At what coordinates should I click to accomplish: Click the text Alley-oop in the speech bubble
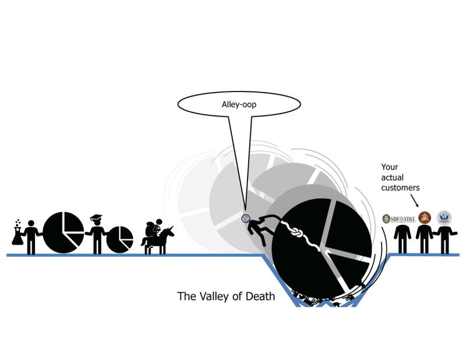coord(239,105)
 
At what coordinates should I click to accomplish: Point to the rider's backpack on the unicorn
coord(151,227)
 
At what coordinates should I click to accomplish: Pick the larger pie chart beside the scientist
coord(63,232)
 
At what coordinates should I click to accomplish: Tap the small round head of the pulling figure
coord(246,218)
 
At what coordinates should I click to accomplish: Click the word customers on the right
coord(400,188)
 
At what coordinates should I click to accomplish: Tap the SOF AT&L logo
coord(399,218)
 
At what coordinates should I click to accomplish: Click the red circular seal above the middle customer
coord(425,218)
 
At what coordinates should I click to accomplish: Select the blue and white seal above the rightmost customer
coord(444,218)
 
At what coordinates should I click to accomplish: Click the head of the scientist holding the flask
coord(31,223)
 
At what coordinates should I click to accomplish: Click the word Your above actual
coord(390,167)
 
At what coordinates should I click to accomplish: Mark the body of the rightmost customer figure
coord(444,238)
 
